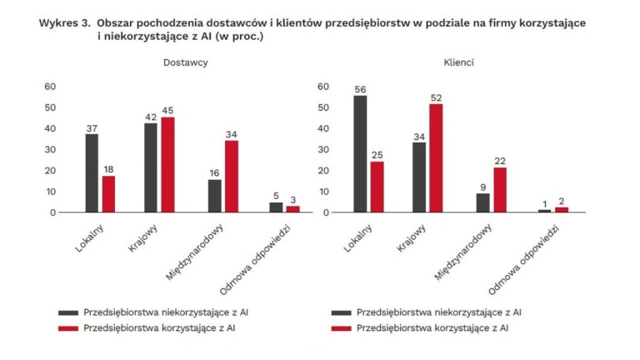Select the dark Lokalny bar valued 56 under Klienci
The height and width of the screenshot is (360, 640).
click(360, 154)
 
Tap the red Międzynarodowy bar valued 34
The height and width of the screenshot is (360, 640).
click(232, 177)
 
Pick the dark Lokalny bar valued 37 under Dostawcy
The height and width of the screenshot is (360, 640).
click(92, 173)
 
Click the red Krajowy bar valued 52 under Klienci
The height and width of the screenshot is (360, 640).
click(435, 158)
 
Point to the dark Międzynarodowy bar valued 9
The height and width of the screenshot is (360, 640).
click(483, 202)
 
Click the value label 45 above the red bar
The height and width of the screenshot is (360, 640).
click(167, 110)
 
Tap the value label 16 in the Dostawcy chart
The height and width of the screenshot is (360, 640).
click(214, 172)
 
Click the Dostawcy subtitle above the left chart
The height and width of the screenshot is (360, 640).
click(184, 63)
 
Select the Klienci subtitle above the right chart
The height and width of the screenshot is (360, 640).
click(457, 63)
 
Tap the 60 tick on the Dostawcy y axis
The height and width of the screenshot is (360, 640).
click(50, 87)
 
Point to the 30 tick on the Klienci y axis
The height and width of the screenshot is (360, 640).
click(323, 149)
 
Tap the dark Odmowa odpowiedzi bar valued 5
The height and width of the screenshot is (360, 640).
click(276, 207)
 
